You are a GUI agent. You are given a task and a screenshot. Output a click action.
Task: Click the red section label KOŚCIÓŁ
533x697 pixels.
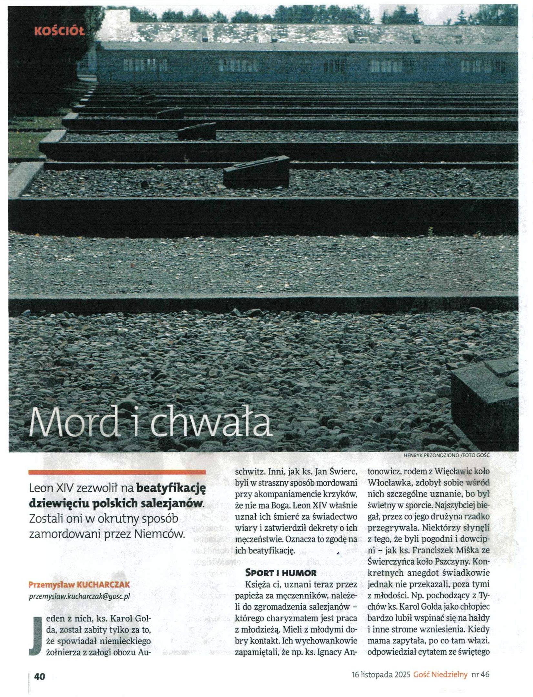tap(59, 31)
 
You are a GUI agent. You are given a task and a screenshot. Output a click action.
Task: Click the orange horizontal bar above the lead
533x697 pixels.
tap(117, 472)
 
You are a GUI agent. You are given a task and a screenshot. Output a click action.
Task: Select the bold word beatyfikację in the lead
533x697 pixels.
tap(171, 488)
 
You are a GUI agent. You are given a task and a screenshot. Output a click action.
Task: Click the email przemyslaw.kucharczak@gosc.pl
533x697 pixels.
tap(79, 596)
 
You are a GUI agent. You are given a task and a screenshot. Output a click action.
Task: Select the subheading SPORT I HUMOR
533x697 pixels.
tap(281, 573)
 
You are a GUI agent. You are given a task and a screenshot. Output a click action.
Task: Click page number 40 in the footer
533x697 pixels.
tap(39, 676)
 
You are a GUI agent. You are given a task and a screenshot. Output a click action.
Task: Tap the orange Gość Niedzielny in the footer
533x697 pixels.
tap(440, 674)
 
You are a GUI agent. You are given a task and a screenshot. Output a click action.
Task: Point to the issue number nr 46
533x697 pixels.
tap(480, 674)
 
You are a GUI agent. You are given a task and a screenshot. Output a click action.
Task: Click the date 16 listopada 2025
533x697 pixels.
tap(381, 674)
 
